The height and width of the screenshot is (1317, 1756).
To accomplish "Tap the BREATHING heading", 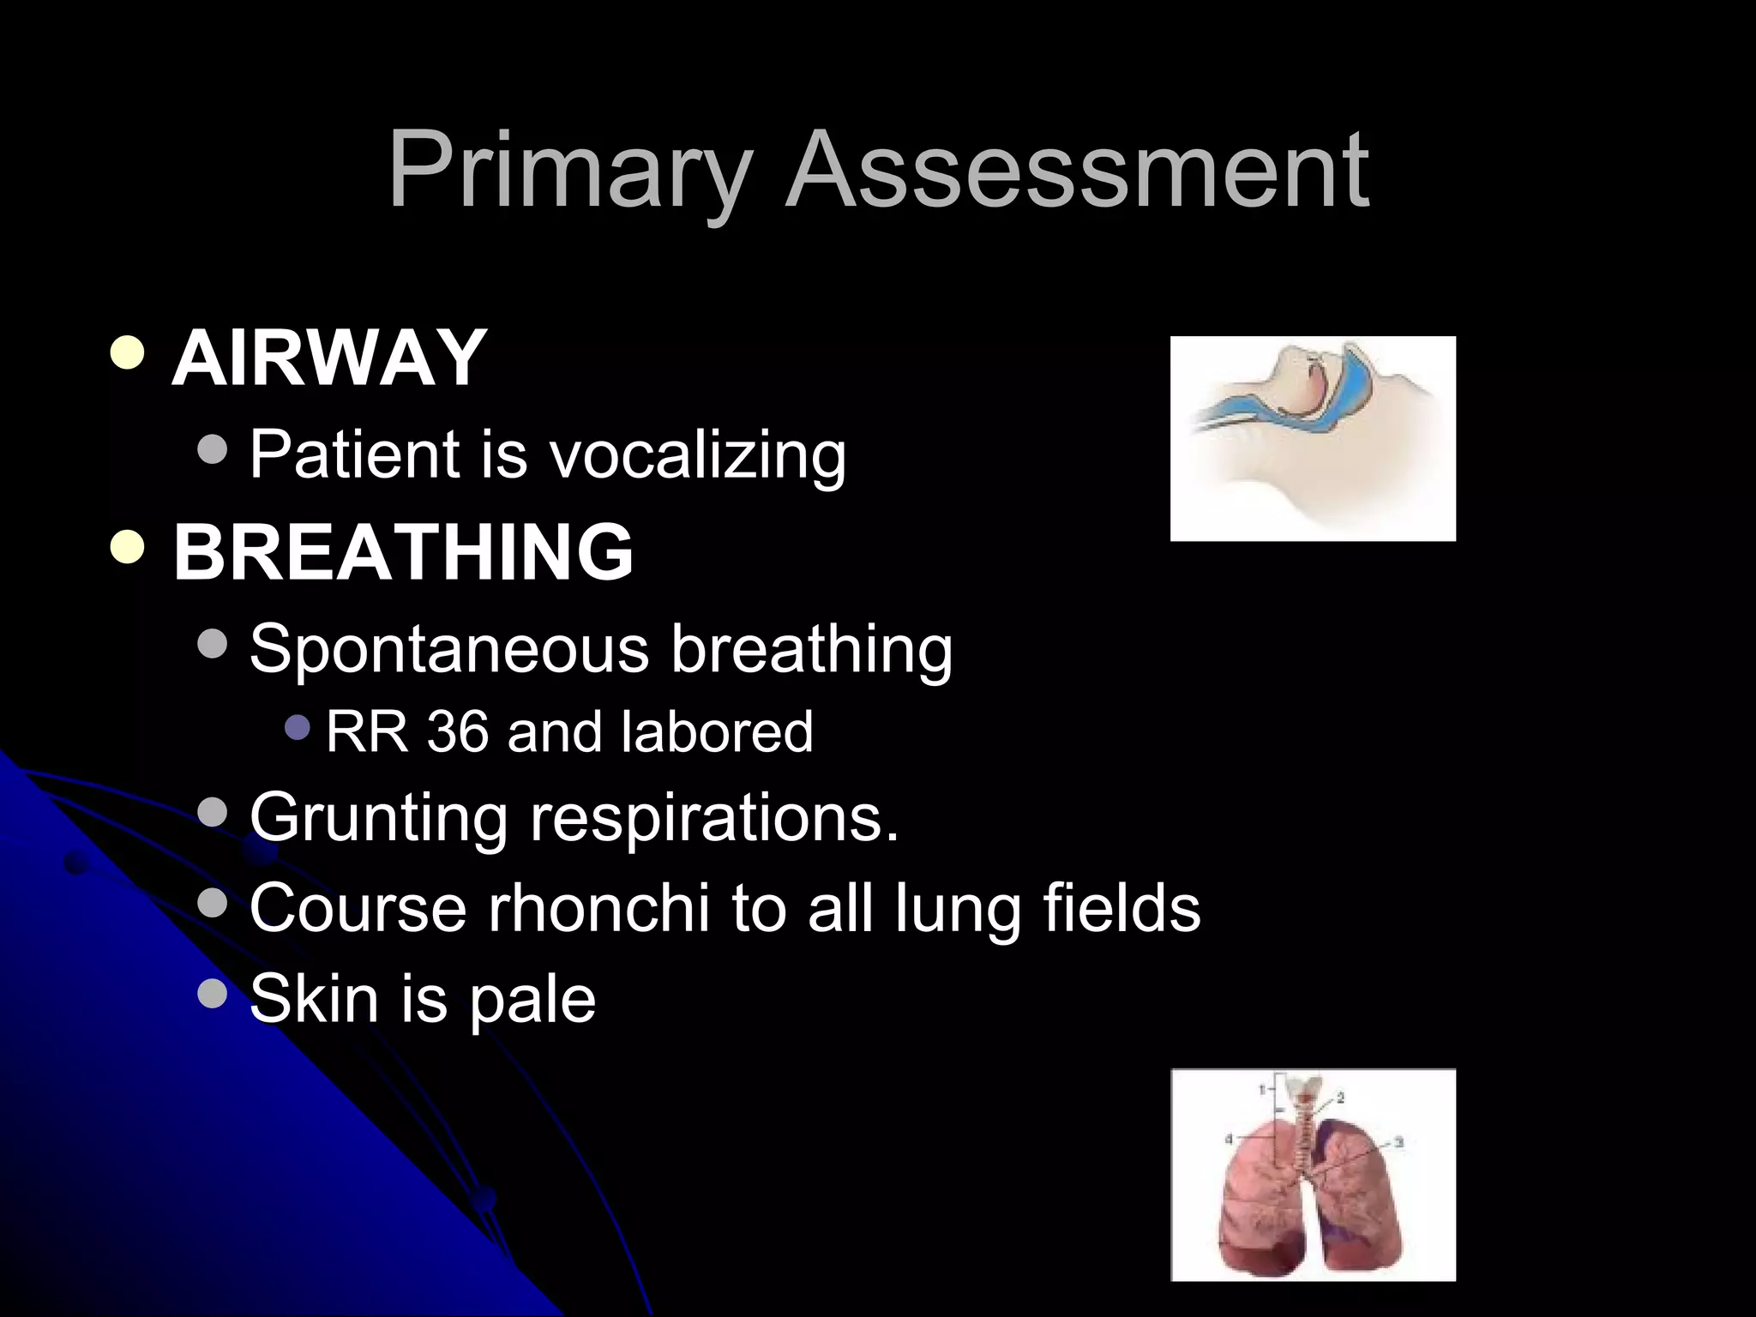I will click(x=403, y=552).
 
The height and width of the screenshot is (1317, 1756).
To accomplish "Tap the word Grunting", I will click(x=378, y=819).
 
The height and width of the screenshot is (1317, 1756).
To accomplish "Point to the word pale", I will click(x=532, y=1000).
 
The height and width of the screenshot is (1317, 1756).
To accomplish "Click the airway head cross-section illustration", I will click(x=1313, y=438).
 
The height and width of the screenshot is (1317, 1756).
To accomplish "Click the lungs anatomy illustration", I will click(x=1313, y=1174).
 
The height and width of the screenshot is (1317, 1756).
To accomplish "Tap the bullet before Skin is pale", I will click(x=212, y=994).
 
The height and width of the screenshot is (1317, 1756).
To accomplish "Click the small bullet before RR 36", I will click(x=297, y=729).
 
